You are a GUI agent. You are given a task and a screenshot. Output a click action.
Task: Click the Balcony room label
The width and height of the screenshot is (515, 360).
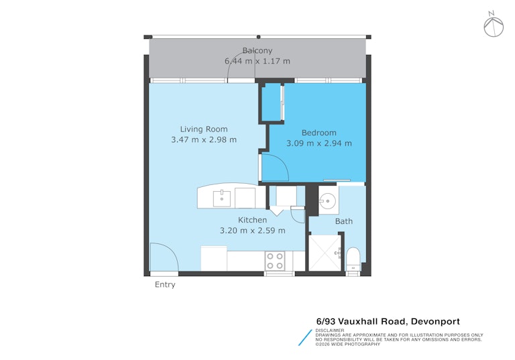point(257,50)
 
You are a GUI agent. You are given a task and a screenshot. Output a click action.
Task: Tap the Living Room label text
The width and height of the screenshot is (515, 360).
point(204,129)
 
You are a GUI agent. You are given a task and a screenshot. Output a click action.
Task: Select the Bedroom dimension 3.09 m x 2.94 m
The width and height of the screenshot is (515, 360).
point(319,143)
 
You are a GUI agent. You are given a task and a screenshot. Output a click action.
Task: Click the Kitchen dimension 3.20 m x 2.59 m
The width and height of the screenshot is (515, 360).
point(252,231)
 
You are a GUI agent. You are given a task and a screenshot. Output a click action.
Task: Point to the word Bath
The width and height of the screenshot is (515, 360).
point(344,221)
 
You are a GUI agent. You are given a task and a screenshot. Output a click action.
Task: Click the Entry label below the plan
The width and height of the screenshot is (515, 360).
point(165,285)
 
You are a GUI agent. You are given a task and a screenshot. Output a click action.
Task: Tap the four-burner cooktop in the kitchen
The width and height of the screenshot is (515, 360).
point(275,261)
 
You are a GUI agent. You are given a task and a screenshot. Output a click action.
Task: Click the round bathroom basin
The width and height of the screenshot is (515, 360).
point(327,201)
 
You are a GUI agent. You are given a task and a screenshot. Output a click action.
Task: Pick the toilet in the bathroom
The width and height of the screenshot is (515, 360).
point(353,259)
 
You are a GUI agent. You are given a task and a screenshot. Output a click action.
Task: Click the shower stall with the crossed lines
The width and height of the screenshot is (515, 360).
point(325,253)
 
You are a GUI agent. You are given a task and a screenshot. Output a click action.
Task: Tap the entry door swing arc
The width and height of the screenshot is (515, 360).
point(170,249)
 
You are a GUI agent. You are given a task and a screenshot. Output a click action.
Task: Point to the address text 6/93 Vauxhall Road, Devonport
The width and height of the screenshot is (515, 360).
point(388,321)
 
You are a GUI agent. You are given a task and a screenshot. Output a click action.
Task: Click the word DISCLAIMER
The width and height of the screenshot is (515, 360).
point(330,331)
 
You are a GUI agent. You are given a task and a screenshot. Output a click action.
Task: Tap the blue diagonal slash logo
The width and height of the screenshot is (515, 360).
point(305,338)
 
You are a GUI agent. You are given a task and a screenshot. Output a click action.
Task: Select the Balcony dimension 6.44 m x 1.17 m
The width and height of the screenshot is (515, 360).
point(257,61)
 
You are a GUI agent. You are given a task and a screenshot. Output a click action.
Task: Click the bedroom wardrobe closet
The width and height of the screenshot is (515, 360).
point(272,103)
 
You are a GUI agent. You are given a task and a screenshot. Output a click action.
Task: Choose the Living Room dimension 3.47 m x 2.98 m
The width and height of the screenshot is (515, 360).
point(204,140)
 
